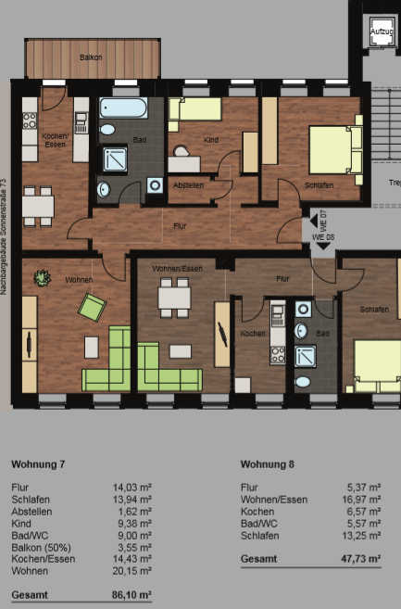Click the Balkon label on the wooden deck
coord(91,57)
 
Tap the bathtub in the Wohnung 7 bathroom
coord(123,108)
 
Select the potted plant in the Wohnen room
coord(42,278)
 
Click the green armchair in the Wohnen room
coord(92,307)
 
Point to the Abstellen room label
coord(188,185)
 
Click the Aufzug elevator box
coord(382,32)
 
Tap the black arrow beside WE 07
coord(314,221)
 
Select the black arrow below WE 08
coord(323,246)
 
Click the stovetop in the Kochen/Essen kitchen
coord(30,121)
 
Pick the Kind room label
coord(211,140)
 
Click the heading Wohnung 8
coord(268,464)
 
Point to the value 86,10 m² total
coord(132,594)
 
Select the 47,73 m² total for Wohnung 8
coord(361,559)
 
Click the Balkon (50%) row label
coord(41,548)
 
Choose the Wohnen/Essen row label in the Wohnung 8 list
coord(274,500)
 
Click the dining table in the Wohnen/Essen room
coord(174,298)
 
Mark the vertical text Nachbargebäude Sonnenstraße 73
coord(4,236)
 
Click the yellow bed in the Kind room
coord(195,108)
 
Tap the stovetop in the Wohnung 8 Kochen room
coord(278,355)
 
